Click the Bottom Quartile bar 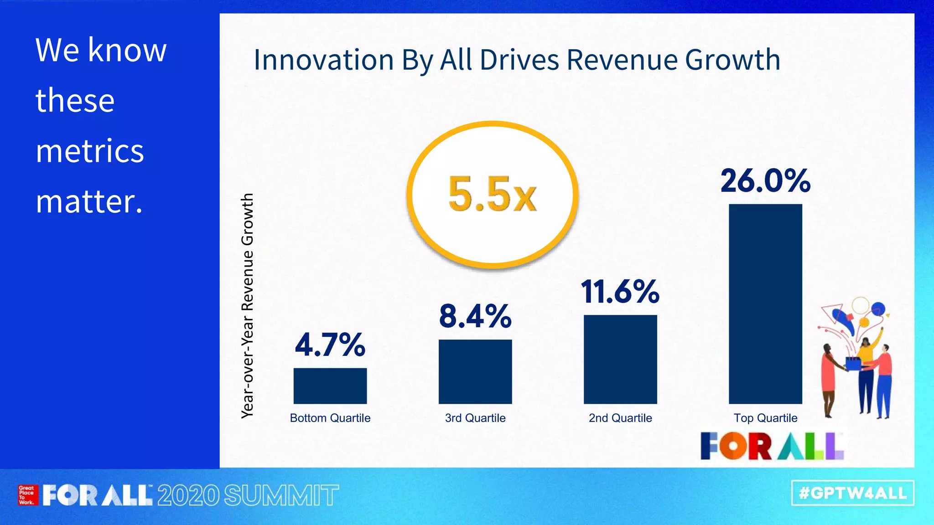[x=330, y=386]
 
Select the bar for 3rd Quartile [x=475, y=371]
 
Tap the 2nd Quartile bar [x=620, y=359]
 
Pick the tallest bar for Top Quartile [x=765, y=304]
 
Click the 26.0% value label [x=765, y=181]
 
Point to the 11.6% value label [x=620, y=292]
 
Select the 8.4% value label [x=475, y=316]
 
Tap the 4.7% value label [x=330, y=345]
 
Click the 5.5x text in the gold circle [x=492, y=195]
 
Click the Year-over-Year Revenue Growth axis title [x=247, y=305]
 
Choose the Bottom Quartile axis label [x=330, y=418]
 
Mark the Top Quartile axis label [x=765, y=418]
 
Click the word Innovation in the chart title [x=323, y=60]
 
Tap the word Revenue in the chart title [x=622, y=60]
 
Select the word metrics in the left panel [x=90, y=151]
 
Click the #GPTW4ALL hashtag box [x=852, y=493]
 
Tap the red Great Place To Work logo [x=26, y=495]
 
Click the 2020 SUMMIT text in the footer [x=248, y=495]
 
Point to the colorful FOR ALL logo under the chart [x=772, y=446]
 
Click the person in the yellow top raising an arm [x=867, y=365]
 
